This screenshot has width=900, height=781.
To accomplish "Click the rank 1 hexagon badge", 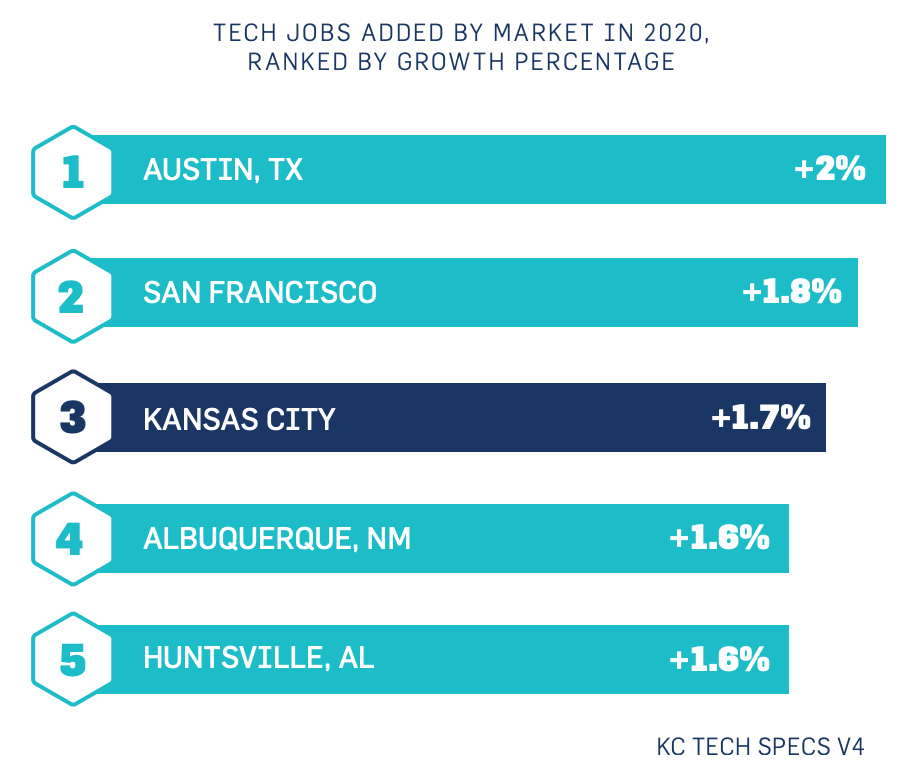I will tap(72, 172).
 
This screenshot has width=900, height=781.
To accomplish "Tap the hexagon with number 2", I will tap(72, 295).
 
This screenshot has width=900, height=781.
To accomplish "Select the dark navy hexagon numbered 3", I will tap(72, 418).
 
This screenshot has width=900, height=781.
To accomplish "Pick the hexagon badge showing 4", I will tap(72, 540).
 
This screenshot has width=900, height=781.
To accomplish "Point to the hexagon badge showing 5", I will tap(72, 661).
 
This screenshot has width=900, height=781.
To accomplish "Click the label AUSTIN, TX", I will tap(223, 170).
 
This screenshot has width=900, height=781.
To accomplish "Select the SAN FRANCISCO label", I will tap(260, 293).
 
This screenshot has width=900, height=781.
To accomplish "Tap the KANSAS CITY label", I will tap(239, 418).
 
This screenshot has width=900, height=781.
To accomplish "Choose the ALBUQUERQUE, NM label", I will tap(277, 540).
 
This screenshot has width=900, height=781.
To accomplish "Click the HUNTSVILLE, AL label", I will tap(259, 660).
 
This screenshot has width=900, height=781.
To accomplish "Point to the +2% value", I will tap(829, 170).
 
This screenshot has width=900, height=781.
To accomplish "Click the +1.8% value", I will tap(792, 293).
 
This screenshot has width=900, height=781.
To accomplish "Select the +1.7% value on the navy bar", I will tap(760, 418).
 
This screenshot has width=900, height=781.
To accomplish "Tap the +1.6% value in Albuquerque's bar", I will tap(719, 539).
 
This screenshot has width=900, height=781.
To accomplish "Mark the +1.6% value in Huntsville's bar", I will tap(719, 660).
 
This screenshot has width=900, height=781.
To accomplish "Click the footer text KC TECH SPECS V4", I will tap(760, 747).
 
